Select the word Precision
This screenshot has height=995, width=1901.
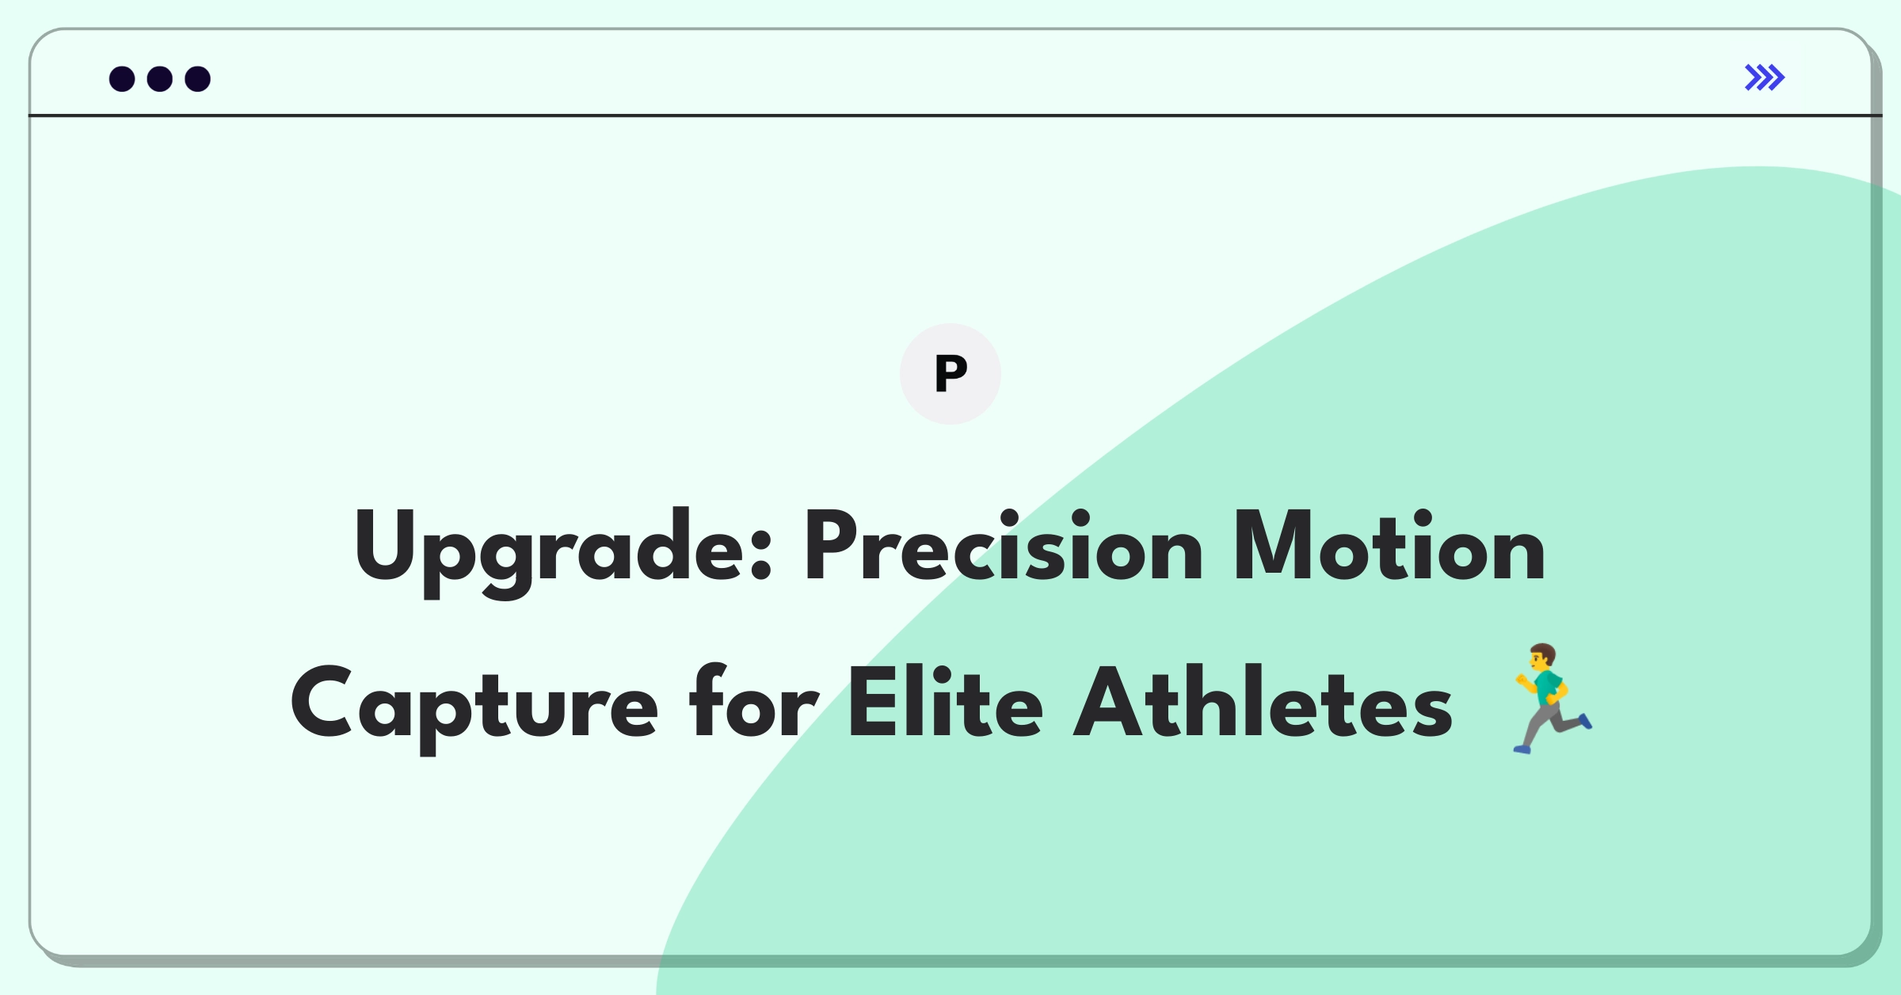point(1004,547)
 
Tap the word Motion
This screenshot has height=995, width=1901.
point(1389,547)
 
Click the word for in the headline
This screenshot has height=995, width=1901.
point(754,701)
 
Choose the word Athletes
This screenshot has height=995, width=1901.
point(1263,701)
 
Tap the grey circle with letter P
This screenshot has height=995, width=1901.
point(950,374)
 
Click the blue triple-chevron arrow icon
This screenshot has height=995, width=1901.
point(1765,78)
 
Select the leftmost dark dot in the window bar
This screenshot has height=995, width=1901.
point(122,79)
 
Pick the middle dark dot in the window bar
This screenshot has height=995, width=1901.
point(160,79)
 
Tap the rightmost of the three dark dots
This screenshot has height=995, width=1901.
point(198,79)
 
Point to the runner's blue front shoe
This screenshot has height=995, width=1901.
point(1586,721)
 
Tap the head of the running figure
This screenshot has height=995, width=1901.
point(1543,656)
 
